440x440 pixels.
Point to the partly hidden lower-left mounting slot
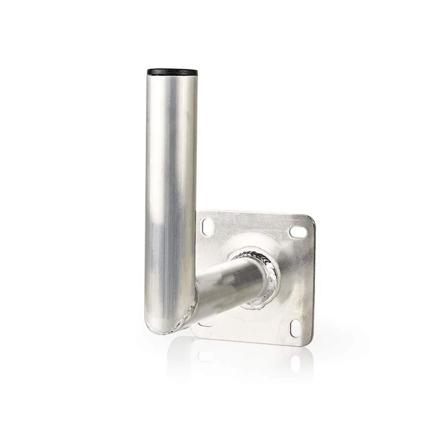click(205, 323)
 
